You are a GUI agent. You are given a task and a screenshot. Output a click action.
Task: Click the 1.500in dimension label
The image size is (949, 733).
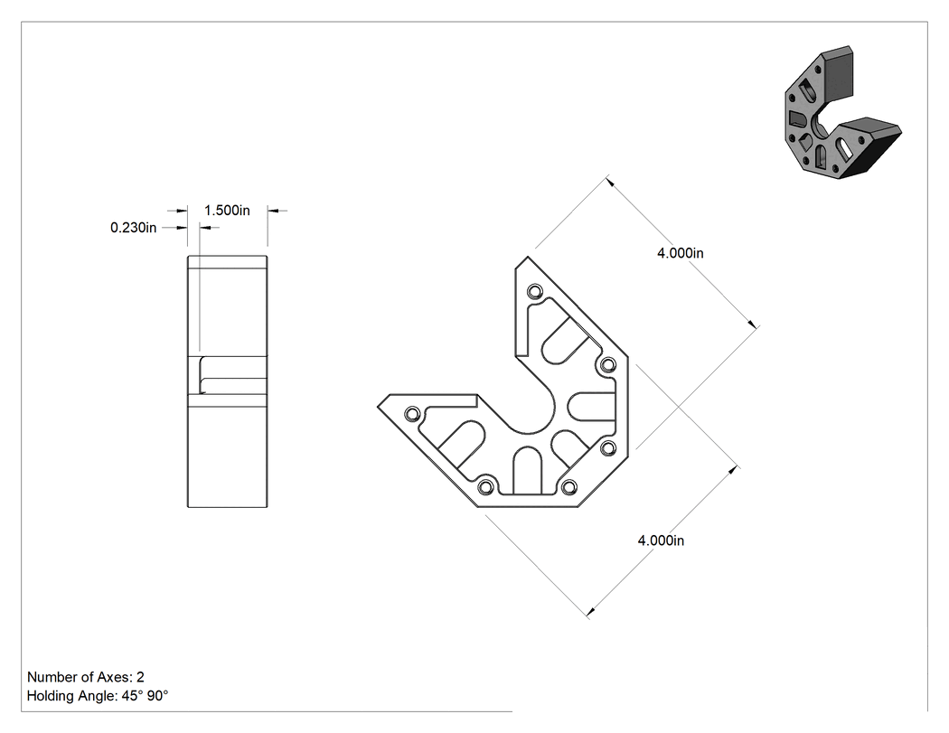227,211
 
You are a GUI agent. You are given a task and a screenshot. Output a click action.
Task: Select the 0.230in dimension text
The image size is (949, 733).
133,228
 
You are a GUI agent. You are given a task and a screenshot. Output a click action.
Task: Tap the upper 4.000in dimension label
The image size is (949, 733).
681,253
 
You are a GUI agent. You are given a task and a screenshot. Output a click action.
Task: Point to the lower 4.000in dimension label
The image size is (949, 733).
661,540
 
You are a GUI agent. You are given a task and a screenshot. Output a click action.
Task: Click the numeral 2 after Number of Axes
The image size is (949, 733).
140,677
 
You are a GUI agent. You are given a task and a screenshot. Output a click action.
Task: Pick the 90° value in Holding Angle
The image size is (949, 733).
157,696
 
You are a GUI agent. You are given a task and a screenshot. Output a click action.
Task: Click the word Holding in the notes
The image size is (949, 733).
50,696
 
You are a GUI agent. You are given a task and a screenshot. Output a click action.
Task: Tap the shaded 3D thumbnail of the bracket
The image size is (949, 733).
842,113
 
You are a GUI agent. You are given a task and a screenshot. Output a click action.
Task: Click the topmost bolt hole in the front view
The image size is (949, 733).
534,292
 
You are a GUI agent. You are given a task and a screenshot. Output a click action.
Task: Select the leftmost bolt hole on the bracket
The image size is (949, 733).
412,415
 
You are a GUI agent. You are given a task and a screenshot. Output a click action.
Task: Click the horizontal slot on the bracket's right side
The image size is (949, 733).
593,406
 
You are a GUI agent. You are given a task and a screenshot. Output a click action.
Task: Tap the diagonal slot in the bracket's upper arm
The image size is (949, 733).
565,340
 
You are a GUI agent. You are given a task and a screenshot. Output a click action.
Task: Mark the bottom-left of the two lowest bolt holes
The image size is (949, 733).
484,486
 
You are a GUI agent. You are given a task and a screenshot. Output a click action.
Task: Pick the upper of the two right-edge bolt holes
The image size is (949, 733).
608,365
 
